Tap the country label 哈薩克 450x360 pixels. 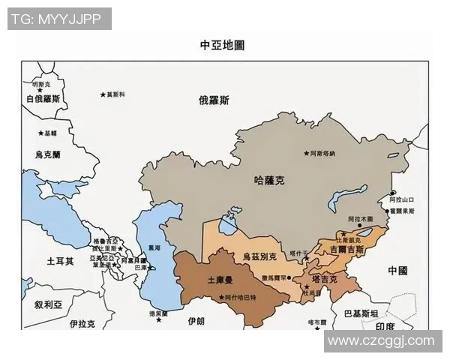[270, 181]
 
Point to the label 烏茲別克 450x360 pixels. [259, 256]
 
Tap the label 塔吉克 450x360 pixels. [325, 279]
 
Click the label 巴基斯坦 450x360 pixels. [360, 313]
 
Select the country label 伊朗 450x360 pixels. [196, 320]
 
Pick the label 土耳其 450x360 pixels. [61, 262]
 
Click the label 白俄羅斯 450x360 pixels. [43, 98]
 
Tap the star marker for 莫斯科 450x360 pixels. [103, 94]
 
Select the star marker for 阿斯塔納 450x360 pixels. [306, 154]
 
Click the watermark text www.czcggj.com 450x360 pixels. [381, 341]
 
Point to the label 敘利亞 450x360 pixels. [49, 305]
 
